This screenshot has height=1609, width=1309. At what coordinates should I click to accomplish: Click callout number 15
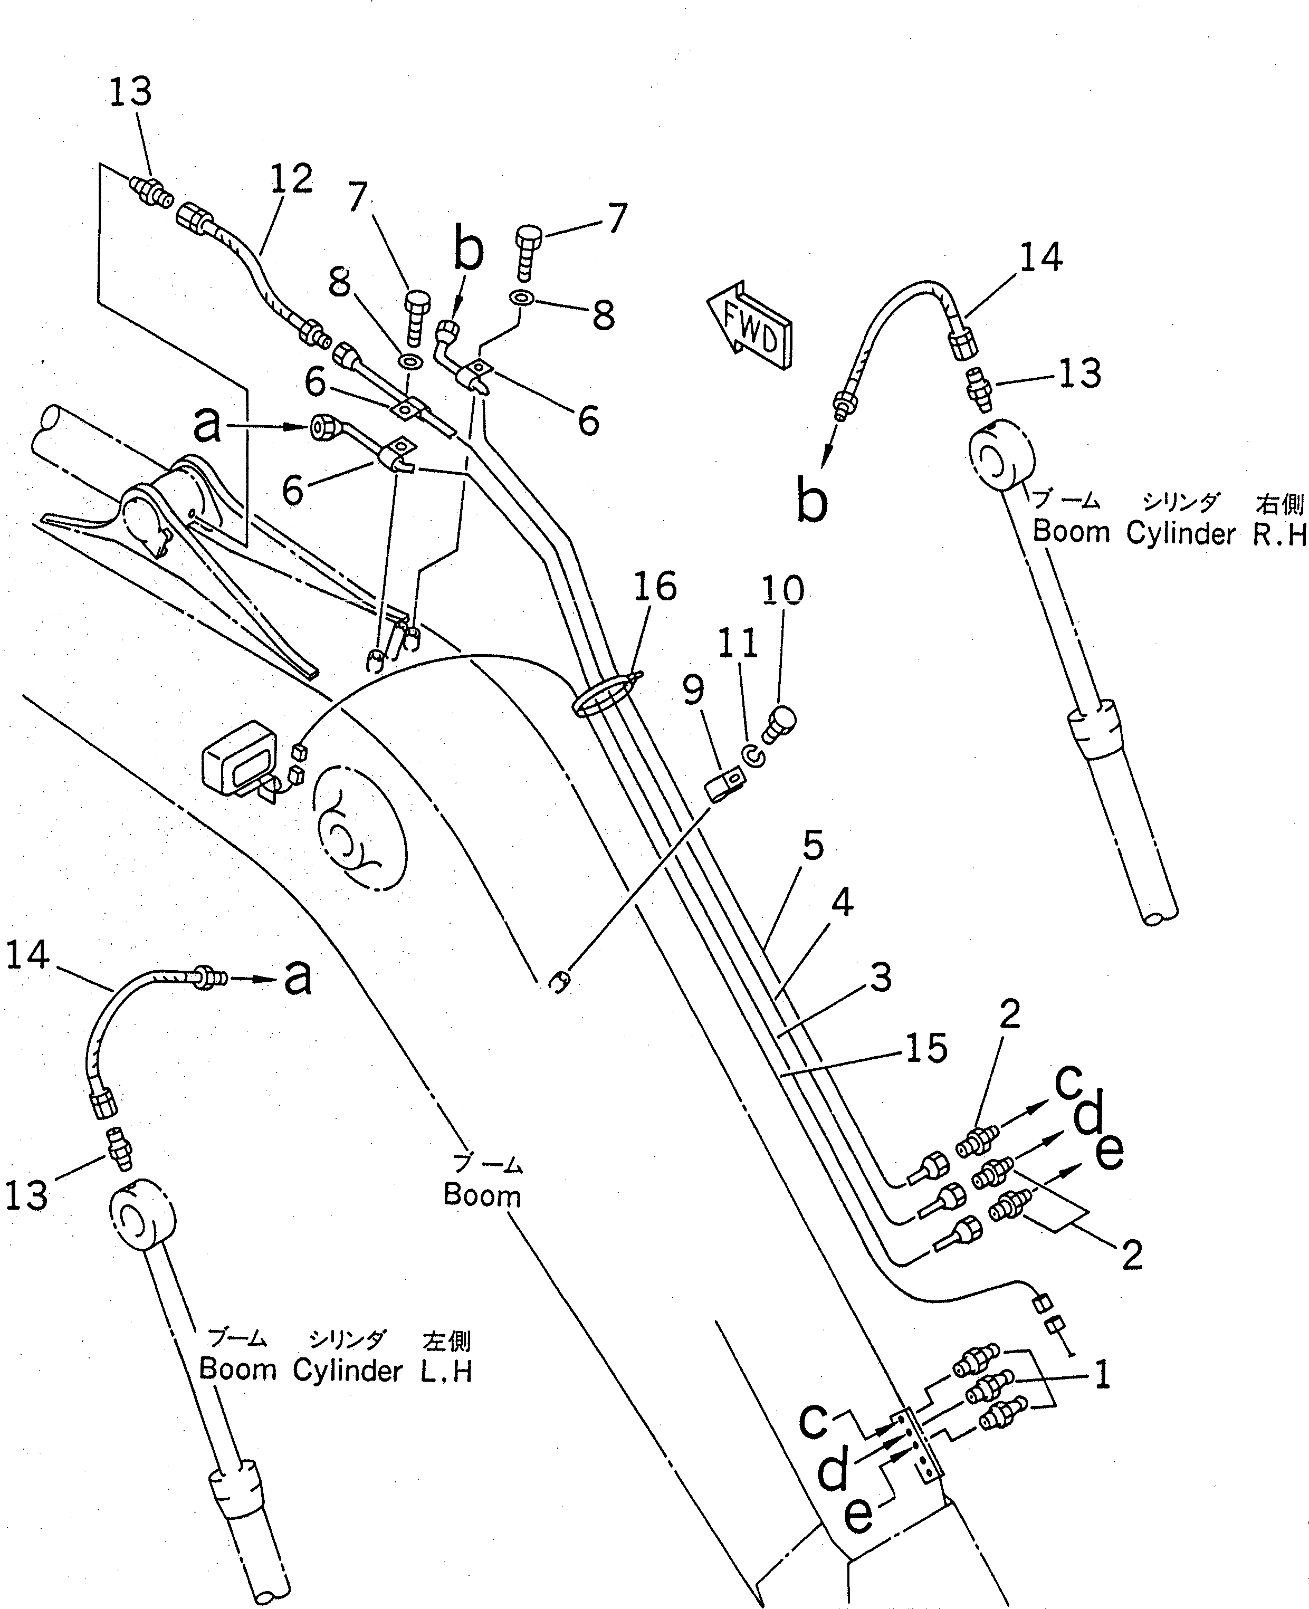926,1048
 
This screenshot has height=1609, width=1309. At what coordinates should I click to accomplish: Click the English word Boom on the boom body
482,1194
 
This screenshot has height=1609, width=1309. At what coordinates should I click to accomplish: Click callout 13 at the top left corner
130,92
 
